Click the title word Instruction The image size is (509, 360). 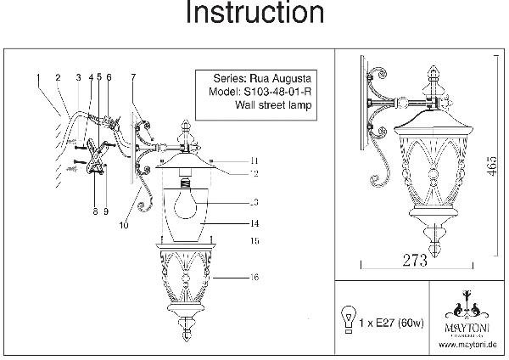coord(255,14)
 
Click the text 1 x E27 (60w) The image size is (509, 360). coord(389,323)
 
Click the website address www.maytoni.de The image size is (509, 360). coord(469,346)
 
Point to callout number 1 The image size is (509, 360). coord(38,77)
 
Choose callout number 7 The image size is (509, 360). coord(132,78)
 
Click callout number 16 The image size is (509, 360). coord(254,278)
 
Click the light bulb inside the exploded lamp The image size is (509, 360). coord(187,204)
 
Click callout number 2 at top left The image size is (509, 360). coord(57,77)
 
